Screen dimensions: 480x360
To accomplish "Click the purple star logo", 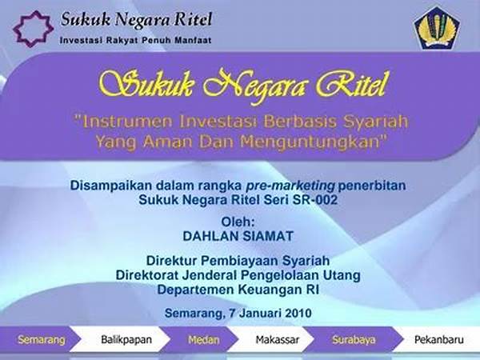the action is click(x=33, y=18).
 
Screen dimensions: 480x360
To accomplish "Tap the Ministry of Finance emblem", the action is click(x=437, y=28).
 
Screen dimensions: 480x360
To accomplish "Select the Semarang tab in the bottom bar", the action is click(x=42, y=340).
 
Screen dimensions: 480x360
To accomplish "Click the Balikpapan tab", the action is click(x=126, y=340).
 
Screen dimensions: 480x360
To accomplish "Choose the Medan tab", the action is click(x=203, y=340).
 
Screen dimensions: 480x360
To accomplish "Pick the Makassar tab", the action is click(x=278, y=340).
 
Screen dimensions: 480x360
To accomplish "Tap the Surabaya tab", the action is click(x=354, y=340).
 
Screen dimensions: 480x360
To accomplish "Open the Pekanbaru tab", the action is click(x=439, y=340).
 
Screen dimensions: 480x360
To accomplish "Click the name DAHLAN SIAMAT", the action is click(x=238, y=236).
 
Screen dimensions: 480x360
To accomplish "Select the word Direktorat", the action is click(x=147, y=275).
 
